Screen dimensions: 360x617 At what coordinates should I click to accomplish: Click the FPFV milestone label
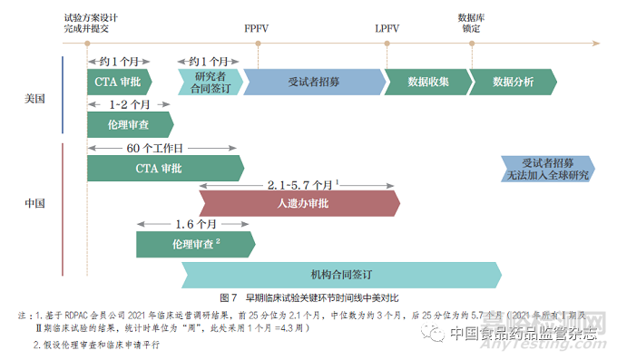[x=256, y=28]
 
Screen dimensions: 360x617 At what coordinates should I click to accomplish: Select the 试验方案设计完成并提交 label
[x=91, y=23]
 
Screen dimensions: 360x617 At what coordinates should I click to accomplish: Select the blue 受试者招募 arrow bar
[x=313, y=82]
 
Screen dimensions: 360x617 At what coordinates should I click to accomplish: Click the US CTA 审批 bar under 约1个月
[x=118, y=82]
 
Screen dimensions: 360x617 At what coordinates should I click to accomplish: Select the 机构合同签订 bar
[x=340, y=275]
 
